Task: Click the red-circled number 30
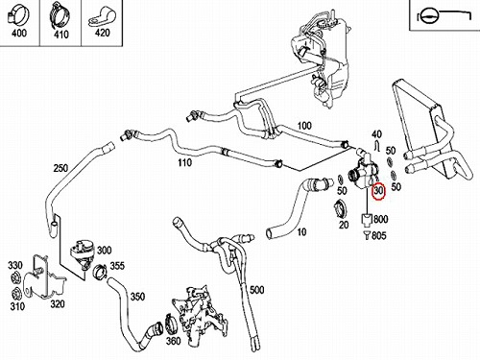point(378,190)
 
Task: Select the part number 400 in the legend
point(19,33)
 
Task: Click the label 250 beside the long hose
point(60,168)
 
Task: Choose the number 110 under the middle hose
point(184,162)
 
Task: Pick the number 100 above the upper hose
point(304,126)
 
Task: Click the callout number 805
point(379,236)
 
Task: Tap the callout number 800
point(381,219)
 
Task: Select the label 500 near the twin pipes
point(257,290)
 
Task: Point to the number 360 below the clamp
point(173,341)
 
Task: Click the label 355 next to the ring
point(117,266)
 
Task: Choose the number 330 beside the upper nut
point(15,265)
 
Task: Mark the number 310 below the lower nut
point(17,306)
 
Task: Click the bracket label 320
point(58,303)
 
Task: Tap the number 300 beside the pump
point(104,251)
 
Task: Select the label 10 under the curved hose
point(301,231)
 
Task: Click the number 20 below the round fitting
point(344,225)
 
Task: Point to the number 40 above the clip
point(376,133)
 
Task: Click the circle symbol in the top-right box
point(427,15)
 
